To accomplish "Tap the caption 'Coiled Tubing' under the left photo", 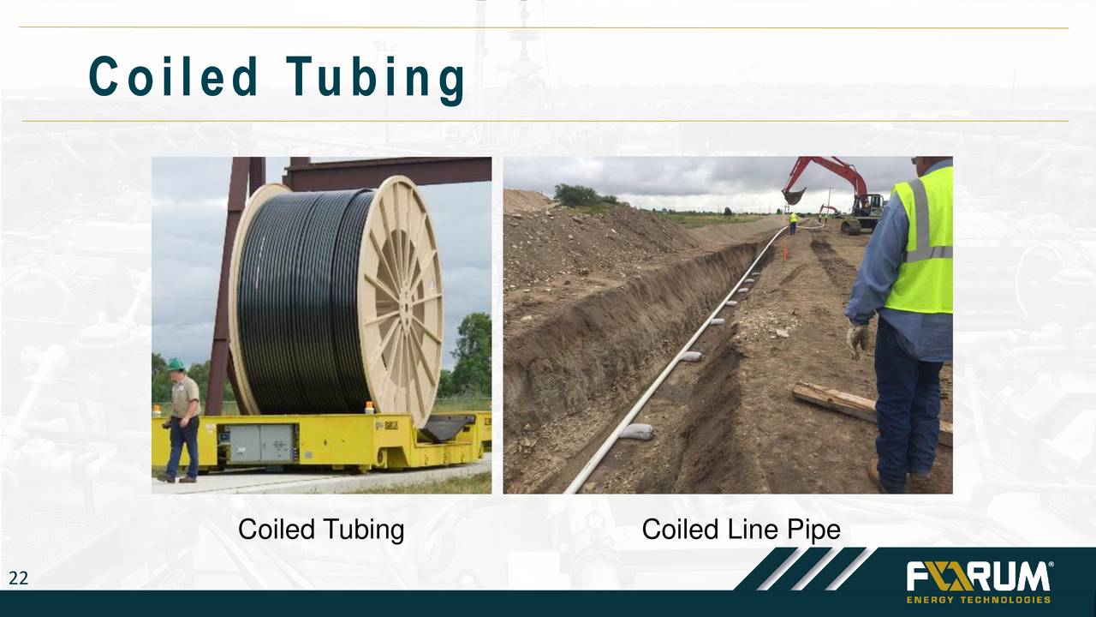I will coord(321,530).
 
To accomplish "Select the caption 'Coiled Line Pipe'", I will coord(741,530).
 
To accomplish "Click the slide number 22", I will coord(18,579).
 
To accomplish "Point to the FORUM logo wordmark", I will coord(977,577).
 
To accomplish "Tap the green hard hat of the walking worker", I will coord(176,364).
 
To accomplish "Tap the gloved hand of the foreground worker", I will coord(857,339).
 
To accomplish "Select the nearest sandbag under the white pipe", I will coord(636,431).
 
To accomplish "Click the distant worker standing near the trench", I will coord(793,223).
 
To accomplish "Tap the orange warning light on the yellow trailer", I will coord(370,408).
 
